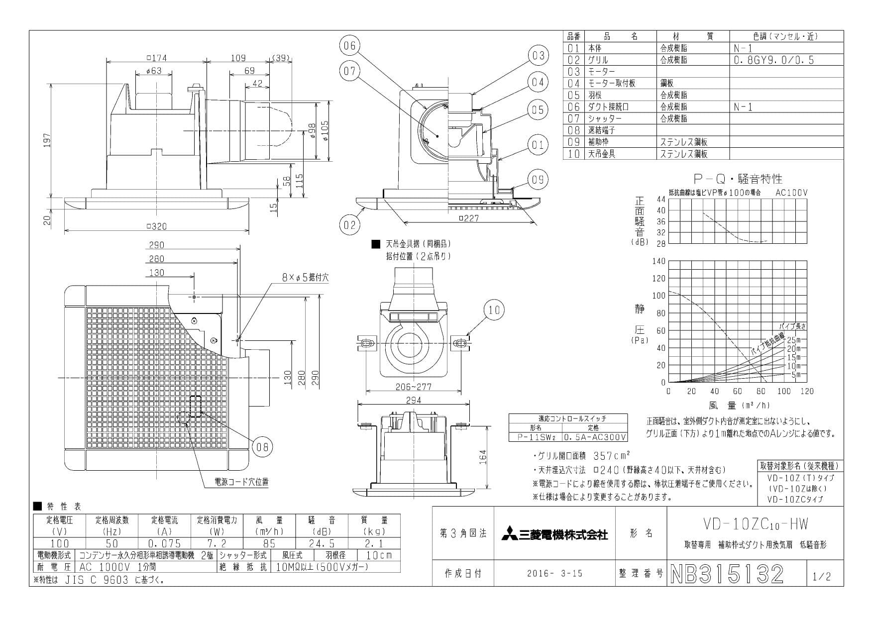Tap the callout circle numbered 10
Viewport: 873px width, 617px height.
[494, 310]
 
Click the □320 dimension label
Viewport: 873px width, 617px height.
[157, 226]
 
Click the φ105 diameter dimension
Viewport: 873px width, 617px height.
[326, 133]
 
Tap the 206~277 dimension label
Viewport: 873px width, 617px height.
[414, 387]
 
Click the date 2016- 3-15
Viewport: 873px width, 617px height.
[554, 574]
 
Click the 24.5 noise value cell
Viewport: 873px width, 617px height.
[322, 543]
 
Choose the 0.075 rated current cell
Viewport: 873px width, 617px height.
[165, 543]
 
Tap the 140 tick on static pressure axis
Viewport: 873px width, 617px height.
[658, 261]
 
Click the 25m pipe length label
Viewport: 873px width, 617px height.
[793, 340]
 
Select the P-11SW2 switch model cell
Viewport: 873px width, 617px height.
[535, 437]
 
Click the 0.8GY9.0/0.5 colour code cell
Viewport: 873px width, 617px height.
[773, 60]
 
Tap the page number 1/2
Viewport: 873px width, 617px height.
[822, 577]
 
